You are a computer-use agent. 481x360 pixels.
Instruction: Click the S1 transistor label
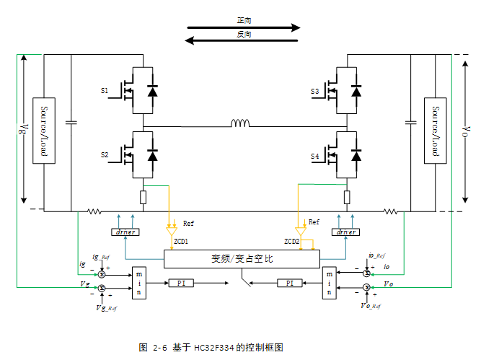pyautogui.click(x=104, y=92)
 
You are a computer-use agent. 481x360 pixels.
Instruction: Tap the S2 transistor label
pyautogui.click(x=104, y=155)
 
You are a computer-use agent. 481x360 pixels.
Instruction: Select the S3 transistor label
pyautogui.click(x=314, y=92)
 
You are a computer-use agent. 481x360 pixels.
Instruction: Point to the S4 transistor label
pyautogui.click(x=314, y=157)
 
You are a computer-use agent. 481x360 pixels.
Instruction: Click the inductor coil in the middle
pyautogui.click(x=240, y=123)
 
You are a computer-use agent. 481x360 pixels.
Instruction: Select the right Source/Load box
pyautogui.click(x=435, y=131)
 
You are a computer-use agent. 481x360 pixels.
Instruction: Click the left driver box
pyautogui.click(x=125, y=232)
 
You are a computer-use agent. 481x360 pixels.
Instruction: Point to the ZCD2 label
pyautogui.click(x=292, y=241)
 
